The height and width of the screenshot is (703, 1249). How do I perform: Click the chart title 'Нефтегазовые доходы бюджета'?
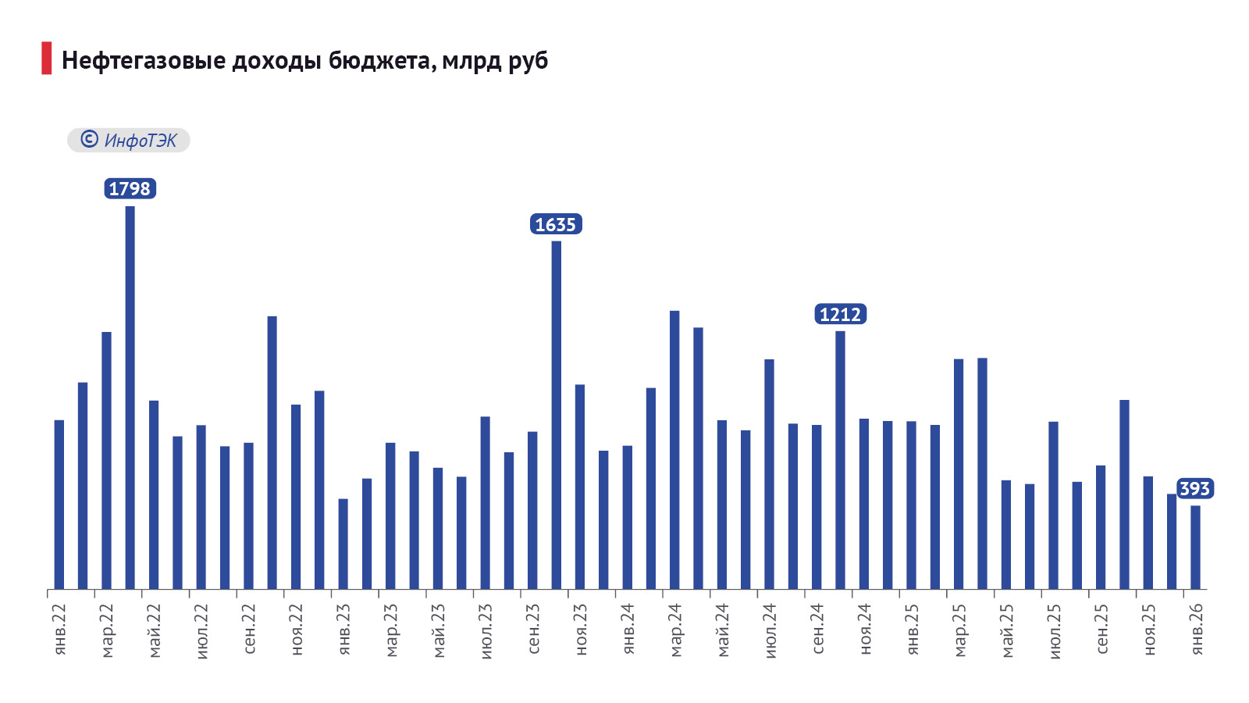click(304, 60)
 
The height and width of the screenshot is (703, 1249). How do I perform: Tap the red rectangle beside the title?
click(47, 59)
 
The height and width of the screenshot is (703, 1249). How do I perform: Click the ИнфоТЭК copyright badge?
click(129, 140)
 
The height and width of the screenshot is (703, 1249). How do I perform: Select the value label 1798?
click(130, 188)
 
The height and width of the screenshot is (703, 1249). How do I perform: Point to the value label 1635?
click(556, 224)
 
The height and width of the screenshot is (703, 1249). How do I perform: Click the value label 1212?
click(840, 314)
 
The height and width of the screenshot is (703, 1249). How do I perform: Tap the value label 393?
click(1194, 488)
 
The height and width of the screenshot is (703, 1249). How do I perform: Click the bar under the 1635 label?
click(556, 414)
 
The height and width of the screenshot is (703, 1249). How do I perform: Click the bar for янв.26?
click(1195, 547)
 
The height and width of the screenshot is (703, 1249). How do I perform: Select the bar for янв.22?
click(59, 504)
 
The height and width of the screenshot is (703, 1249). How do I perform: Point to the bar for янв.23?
click(343, 544)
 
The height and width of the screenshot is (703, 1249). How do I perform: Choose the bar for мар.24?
click(674, 449)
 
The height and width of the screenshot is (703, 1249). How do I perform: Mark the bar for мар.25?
click(959, 473)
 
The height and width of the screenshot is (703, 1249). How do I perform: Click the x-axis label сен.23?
click(534, 629)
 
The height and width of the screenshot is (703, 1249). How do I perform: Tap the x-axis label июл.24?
click(770, 630)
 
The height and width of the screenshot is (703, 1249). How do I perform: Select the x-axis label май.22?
click(155, 630)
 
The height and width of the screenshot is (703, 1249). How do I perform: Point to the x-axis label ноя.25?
click(1149, 629)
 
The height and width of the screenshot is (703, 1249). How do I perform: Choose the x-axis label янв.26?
click(1197, 629)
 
